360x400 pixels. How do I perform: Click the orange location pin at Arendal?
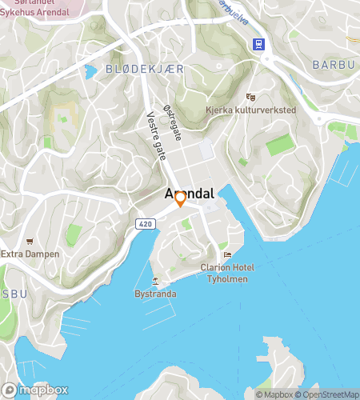click(x=180, y=198)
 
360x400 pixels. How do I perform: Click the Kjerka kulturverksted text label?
click(x=251, y=110)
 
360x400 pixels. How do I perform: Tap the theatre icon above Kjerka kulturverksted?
click(x=250, y=97)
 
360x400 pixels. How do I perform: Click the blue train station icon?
click(x=259, y=45)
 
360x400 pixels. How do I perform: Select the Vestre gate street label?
click(x=156, y=135)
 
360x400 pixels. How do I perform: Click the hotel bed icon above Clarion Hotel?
click(x=227, y=255)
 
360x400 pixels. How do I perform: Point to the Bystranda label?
click(x=155, y=294)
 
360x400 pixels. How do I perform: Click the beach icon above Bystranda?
click(x=156, y=281)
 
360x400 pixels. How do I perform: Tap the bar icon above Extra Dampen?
click(x=30, y=241)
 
